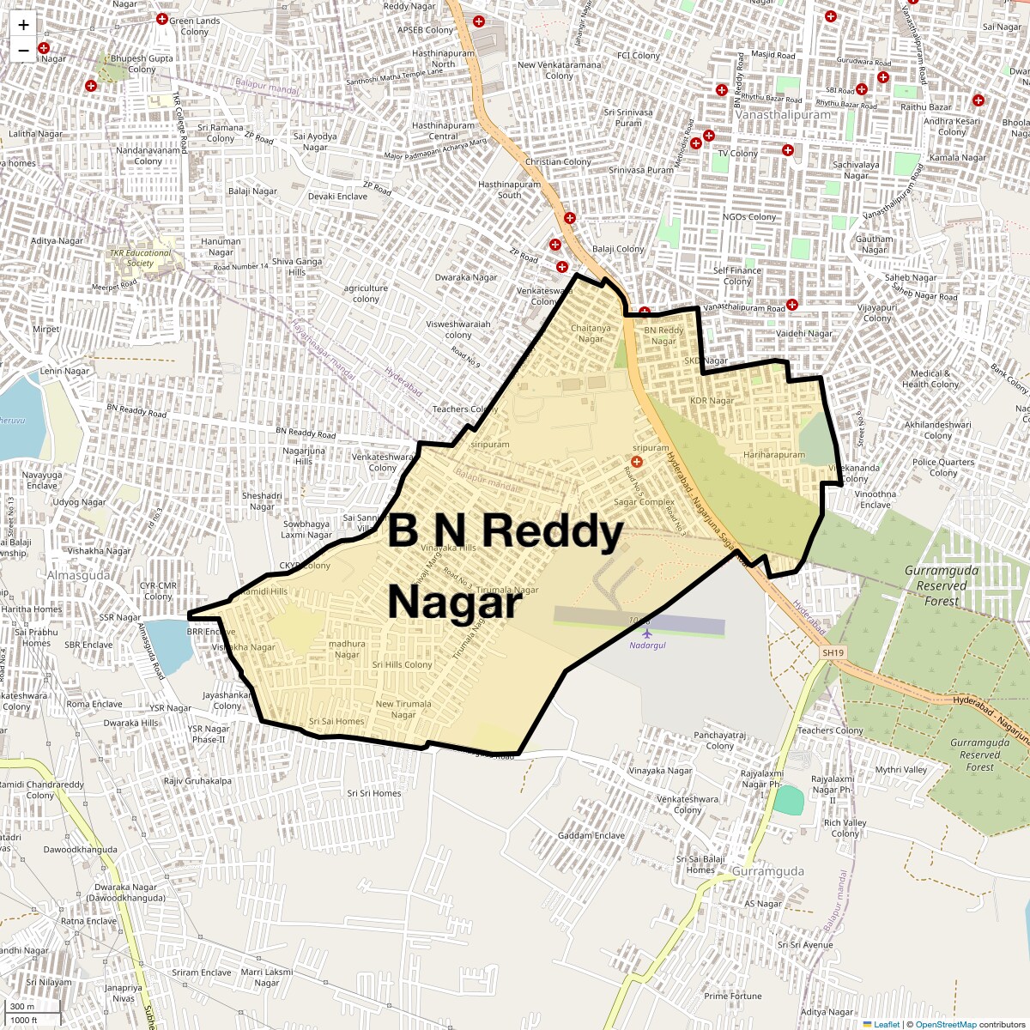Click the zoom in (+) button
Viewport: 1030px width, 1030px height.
(23, 25)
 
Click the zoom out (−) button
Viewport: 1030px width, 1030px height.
(23, 50)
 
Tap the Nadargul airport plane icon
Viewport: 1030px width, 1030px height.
(647, 633)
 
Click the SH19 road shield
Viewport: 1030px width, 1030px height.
(833, 653)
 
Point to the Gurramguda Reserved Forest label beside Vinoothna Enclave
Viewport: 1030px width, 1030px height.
(941, 585)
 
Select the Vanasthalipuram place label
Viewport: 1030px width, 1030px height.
(783, 114)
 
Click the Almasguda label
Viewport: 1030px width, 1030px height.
(78, 575)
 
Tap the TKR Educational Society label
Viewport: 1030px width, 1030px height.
(140, 257)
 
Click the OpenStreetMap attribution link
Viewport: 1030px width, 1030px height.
(945, 1024)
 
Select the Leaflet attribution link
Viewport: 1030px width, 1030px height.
(886, 1024)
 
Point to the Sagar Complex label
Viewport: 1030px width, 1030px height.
(644, 502)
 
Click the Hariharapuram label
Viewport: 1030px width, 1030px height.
(774, 455)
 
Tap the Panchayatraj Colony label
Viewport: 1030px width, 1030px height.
(719, 741)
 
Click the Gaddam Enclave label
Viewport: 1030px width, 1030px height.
(591, 835)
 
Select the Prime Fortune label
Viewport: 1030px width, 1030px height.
(732, 997)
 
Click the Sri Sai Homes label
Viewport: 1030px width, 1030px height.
(336, 722)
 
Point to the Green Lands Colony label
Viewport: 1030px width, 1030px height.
(194, 26)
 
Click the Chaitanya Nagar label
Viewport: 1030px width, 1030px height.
(591, 333)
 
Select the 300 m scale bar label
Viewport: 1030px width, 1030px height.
(23, 1007)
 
